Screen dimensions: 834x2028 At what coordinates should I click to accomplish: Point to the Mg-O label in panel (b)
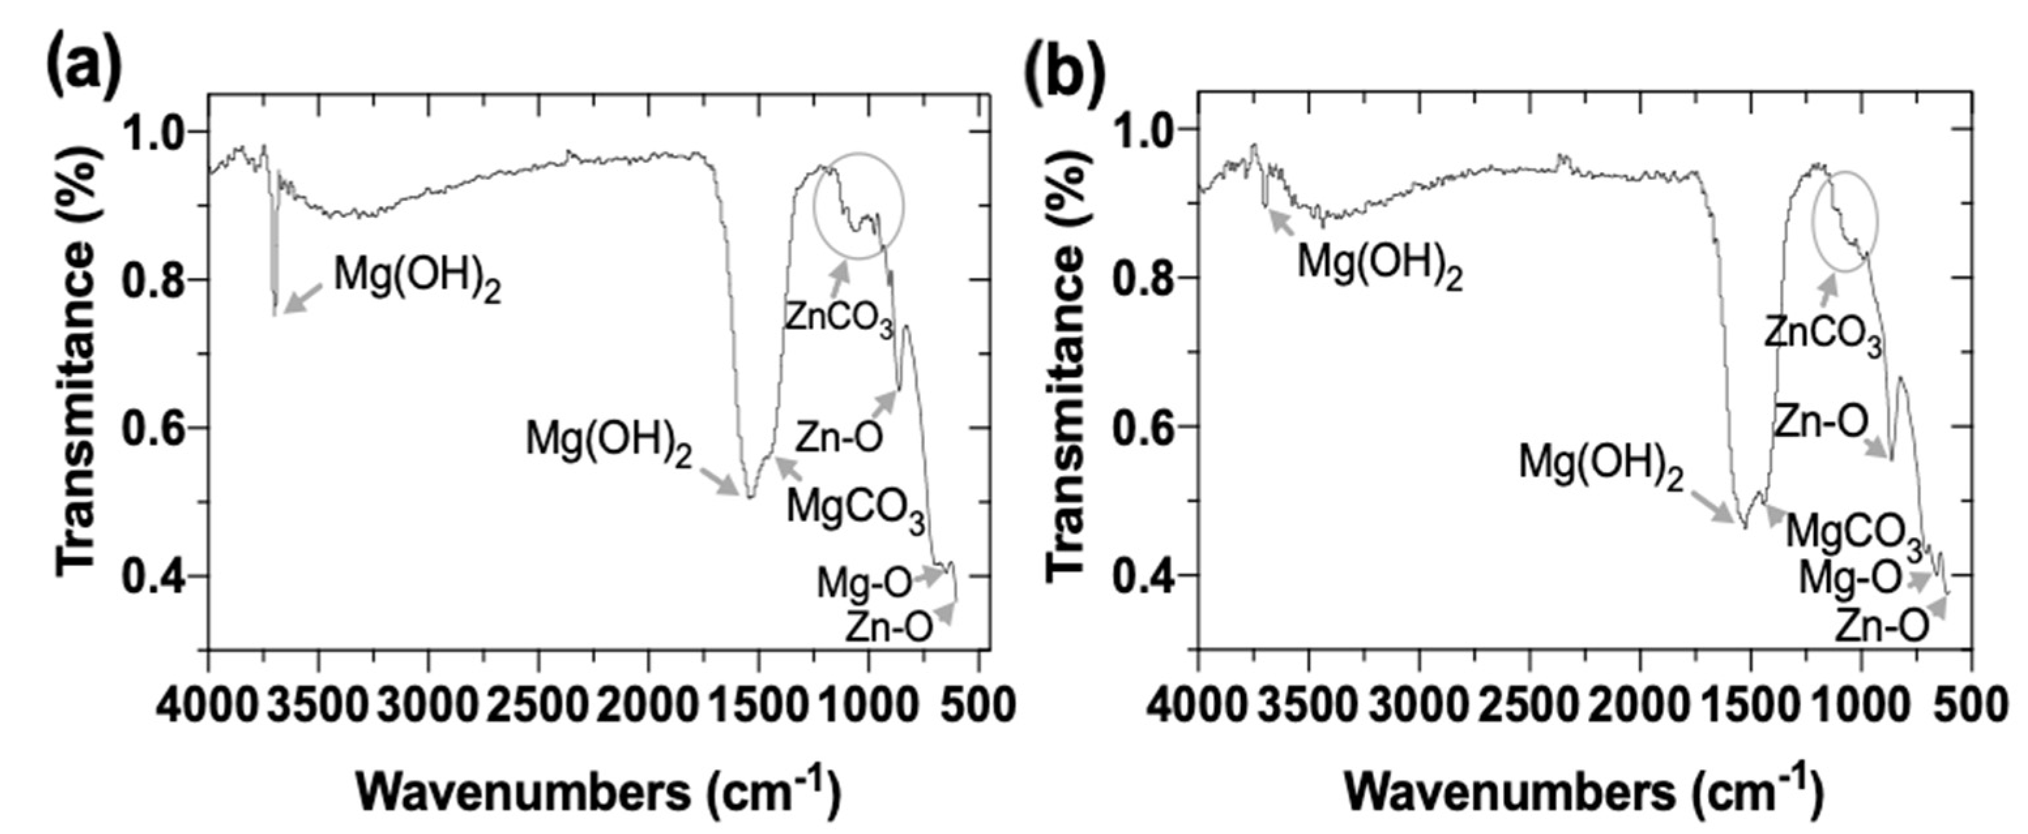[x=1849, y=579]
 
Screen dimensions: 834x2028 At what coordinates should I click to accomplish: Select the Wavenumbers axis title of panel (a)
[x=599, y=792]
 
